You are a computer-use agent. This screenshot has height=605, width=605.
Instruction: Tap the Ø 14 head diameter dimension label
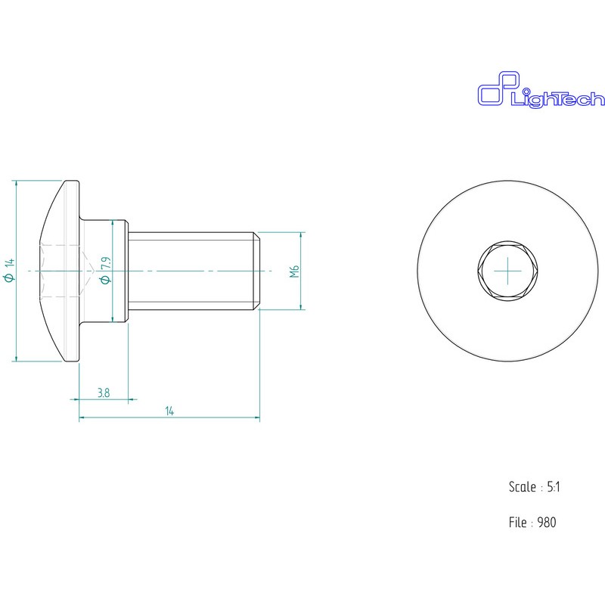tap(9, 271)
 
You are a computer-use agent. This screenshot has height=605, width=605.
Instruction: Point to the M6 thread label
tap(294, 271)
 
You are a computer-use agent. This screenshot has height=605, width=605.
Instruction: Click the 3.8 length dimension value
tap(104, 392)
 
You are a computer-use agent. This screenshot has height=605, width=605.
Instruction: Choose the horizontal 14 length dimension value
tap(169, 411)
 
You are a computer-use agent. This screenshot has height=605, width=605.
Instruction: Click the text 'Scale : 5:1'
tap(535, 487)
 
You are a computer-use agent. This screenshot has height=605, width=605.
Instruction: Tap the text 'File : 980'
tap(532, 523)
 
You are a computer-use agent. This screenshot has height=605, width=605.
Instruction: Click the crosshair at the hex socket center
tap(507, 271)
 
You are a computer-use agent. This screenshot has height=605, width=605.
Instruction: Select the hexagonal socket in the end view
tap(507, 271)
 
